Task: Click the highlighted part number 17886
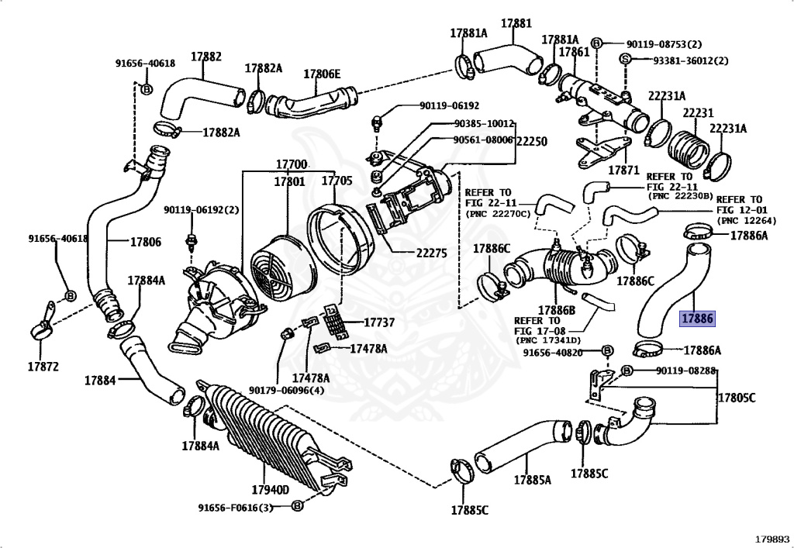click(x=697, y=319)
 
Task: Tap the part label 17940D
click(x=270, y=489)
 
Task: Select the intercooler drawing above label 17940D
click(x=274, y=436)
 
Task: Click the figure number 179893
click(x=772, y=539)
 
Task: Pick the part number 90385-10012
click(x=484, y=123)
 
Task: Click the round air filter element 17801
click(x=277, y=268)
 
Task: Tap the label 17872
click(x=43, y=366)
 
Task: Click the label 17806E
click(x=322, y=74)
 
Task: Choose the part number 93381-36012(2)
click(x=690, y=60)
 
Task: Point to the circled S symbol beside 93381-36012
click(x=625, y=59)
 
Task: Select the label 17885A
click(x=532, y=480)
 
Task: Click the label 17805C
click(x=737, y=398)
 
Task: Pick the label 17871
click(x=624, y=170)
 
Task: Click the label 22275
click(x=431, y=253)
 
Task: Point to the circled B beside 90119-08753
click(x=596, y=43)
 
